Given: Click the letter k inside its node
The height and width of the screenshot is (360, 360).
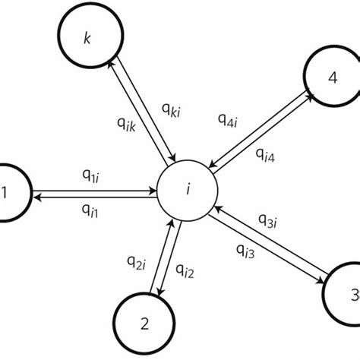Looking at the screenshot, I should (x=89, y=36).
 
